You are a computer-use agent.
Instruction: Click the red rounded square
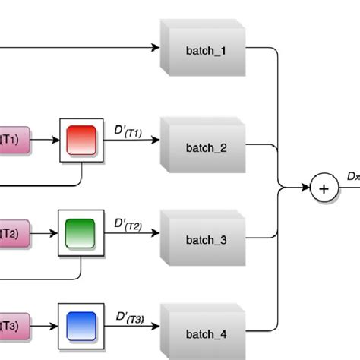[x=81, y=141]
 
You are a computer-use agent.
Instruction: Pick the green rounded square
[x=81, y=232]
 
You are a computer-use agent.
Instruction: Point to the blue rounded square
[x=81, y=324]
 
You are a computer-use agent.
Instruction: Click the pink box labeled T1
[x=13, y=140]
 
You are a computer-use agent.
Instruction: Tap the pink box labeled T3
[x=13, y=326]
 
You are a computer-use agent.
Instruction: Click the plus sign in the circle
[x=324, y=189]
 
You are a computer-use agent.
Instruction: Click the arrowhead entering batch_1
[x=156, y=49]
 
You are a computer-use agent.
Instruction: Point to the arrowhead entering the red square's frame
[x=55, y=141]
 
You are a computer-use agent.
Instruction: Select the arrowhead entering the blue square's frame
[x=55, y=325]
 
